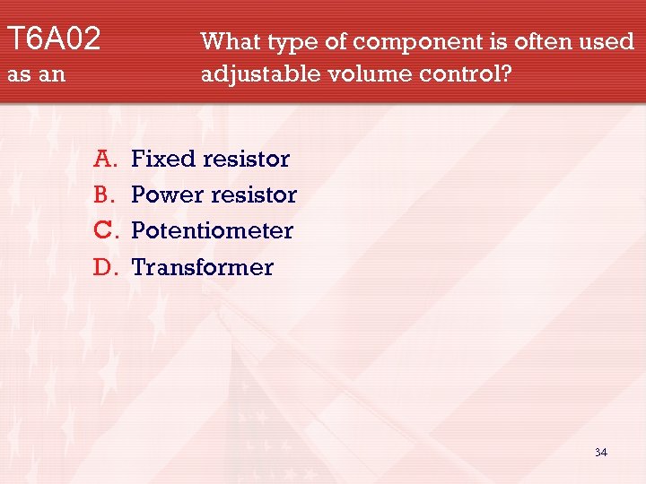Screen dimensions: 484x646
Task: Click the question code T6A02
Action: (x=54, y=39)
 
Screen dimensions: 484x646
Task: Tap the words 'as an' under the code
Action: (x=37, y=74)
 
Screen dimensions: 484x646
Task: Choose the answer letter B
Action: (x=103, y=194)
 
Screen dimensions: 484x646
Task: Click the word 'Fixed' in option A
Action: (x=163, y=160)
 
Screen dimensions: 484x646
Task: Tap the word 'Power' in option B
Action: (x=166, y=195)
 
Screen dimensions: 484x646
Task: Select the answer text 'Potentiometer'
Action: (x=213, y=230)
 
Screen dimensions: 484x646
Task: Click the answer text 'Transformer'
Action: (x=203, y=267)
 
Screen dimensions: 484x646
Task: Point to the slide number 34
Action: (x=601, y=453)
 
